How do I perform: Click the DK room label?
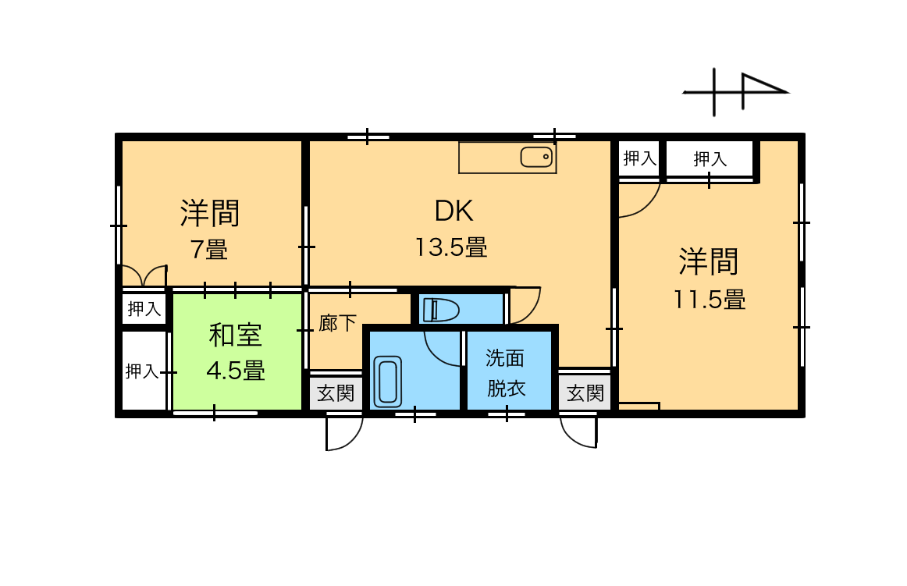pyautogui.click(x=454, y=211)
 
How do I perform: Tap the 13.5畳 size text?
pyautogui.click(x=451, y=247)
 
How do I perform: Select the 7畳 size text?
pyautogui.click(x=209, y=250)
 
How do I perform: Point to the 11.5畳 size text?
pyautogui.click(x=710, y=300)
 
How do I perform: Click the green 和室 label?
pyautogui.click(x=236, y=336)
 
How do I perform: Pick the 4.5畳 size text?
pyautogui.click(x=236, y=370)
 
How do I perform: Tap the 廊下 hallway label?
pyautogui.click(x=337, y=323)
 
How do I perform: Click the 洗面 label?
pyautogui.click(x=505, y=358)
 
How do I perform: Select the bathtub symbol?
pyautogui.click(x=388, y=382)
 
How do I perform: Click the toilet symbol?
pyautogui.click(x=441, y=311)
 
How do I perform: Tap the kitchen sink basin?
pyautogui.click(x=537, y=157)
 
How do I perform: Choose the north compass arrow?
pyautogui.click(x=736, y=92)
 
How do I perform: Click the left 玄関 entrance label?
pyautogui.click(x=336, y=394)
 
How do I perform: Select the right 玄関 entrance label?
pyautogui.click(x=585, y=394)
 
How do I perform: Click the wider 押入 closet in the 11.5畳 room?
pyautogui.click(x=710, y=158)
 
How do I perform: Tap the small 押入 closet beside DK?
pyautogui.click(x=640, y=158)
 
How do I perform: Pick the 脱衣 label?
pyautogui.click(x=506, y=388)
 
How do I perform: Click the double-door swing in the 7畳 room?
pyautogui.click(x=144, y=276)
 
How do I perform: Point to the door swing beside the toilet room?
pyautogui.click(x=525, y=305)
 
